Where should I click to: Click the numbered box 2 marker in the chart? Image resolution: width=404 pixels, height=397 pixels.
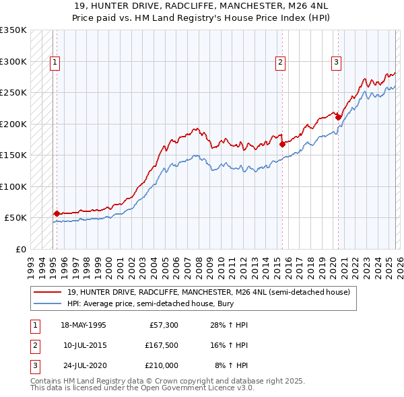279,63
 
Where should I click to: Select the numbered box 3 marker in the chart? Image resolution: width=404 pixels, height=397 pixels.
335,63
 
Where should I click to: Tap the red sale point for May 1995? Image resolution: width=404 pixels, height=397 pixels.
57,213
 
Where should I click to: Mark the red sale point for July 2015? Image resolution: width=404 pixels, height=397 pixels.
282,144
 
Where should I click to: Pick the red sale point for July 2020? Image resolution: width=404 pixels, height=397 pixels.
338,117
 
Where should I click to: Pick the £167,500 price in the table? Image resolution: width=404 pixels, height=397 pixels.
161,345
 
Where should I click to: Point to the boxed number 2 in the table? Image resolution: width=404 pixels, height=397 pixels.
34,345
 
